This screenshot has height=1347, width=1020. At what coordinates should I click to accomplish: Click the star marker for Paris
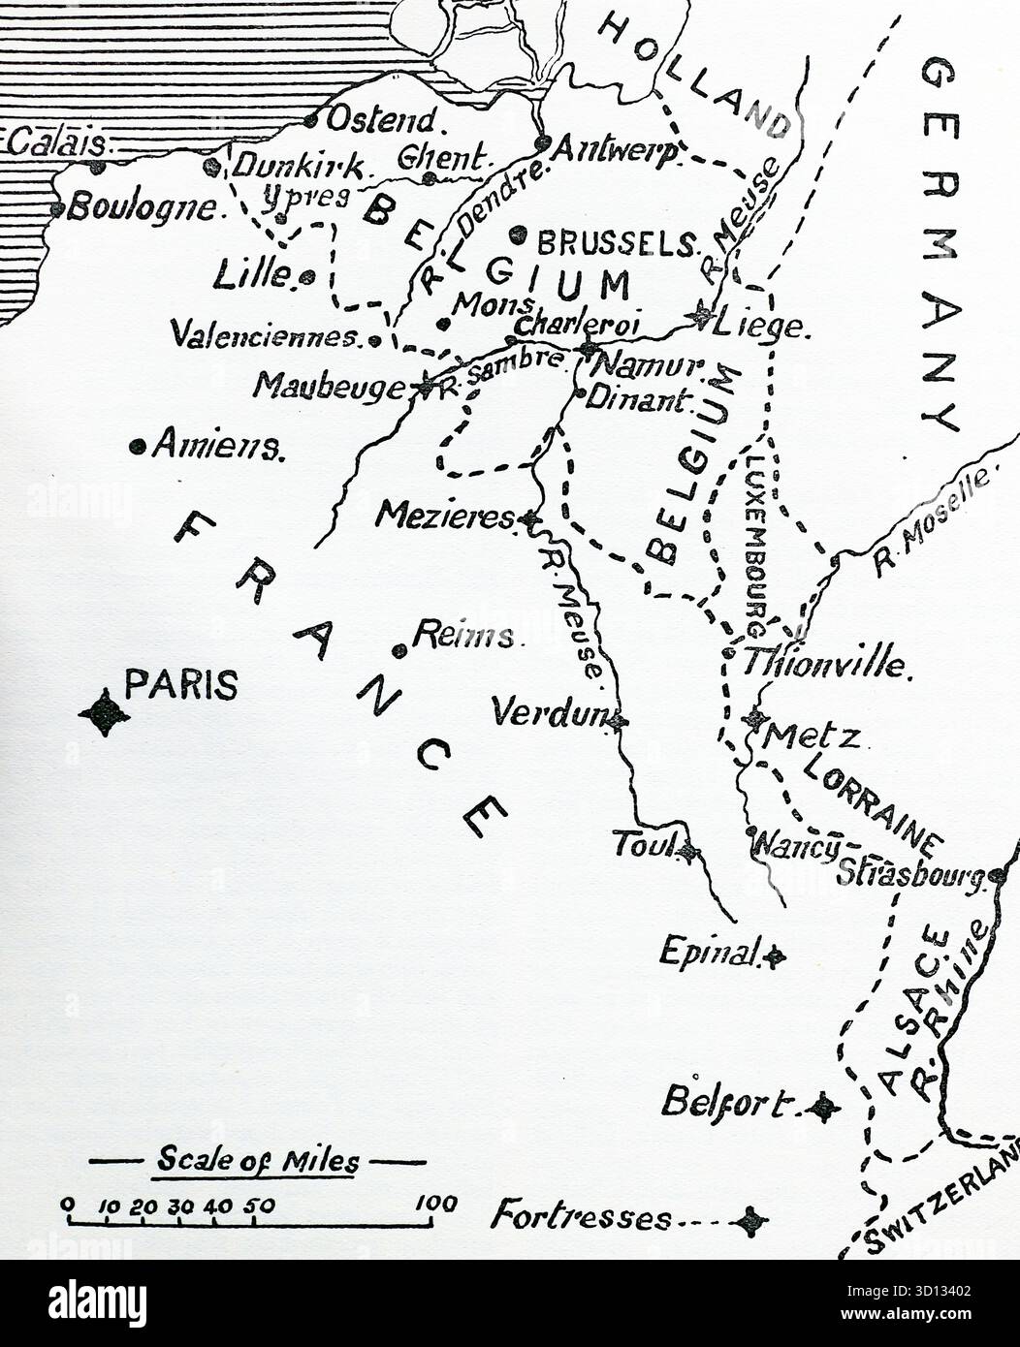click(x=105, y=715)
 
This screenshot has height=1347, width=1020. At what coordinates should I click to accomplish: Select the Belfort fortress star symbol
click(x=823, y=1106)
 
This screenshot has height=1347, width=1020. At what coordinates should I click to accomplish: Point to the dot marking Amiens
click(x=138, y=447)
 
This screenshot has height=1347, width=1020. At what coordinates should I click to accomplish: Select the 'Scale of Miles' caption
click(x=258, y=1160)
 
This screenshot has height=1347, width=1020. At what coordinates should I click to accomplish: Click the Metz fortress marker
click(x=755, y=719)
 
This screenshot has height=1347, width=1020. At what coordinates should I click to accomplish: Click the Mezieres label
click(x=445, y=516)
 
